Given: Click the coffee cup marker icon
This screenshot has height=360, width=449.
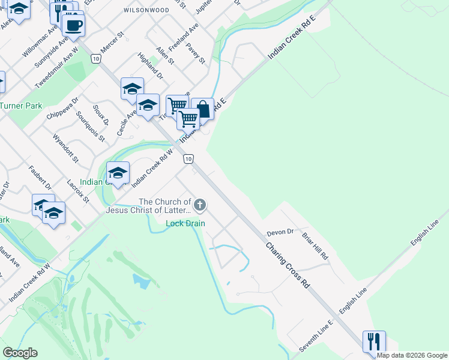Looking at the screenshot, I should pyautogui.click(x=73, y=25).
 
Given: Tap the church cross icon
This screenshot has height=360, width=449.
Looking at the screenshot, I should pyautogui.click(x=199, y=206).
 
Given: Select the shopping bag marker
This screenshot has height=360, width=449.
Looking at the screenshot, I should pyautogui.click(x=203, y=109).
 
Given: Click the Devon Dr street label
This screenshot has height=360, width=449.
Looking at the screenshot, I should pyautogui.click(x=280, y=232).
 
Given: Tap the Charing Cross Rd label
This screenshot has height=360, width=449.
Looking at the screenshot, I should pyautogui.click(x=288, y=265).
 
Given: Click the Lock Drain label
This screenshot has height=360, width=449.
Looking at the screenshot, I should pyautogui.click(x=185, y=224).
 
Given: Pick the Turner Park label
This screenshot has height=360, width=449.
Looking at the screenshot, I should pyautogui.click(x=21, y=106).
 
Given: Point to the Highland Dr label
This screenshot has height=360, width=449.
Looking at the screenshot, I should pyautogui.click(x=150, y=65).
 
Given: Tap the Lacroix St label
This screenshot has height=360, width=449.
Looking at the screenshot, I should pyautogui.click(x=79, y=190).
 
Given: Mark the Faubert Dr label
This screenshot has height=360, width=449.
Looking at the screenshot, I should pyautogui.click(x=39, y=176).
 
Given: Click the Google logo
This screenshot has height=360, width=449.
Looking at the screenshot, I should pyautogui.click(x=20, y=353).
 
